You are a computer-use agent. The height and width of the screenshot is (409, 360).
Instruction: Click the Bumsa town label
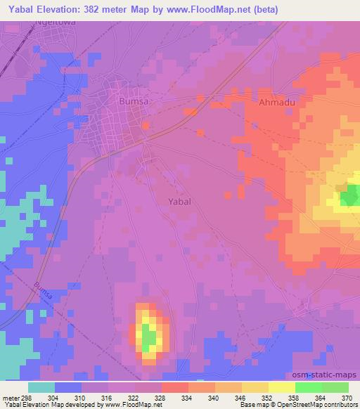(134, 101)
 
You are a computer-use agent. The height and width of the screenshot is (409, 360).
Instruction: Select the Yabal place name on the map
(180, 201)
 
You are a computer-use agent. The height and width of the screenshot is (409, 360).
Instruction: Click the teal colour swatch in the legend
(41, 387)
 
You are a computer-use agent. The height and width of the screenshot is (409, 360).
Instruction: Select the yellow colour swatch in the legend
(282, 387)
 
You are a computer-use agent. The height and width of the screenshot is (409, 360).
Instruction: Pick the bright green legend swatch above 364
(309, 387)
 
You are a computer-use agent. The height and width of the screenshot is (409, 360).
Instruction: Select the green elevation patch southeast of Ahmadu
(349, 197)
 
